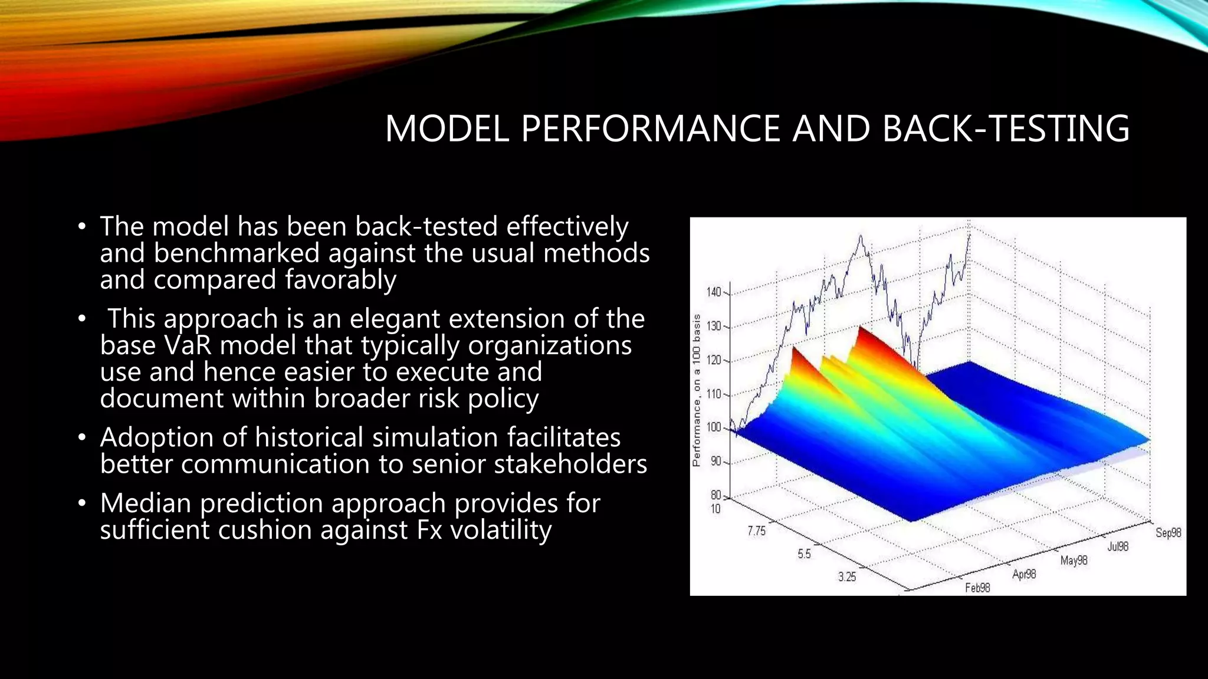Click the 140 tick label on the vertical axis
713,292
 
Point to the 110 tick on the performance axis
713,394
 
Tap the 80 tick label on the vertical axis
715,496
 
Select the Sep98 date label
1168,533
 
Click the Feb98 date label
977,588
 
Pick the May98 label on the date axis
1074,561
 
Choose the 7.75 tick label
756,531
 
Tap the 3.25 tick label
847,576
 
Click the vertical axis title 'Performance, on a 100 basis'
697,390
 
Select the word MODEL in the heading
447,128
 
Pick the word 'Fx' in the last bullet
429,529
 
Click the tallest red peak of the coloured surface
861,328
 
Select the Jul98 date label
1118,546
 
